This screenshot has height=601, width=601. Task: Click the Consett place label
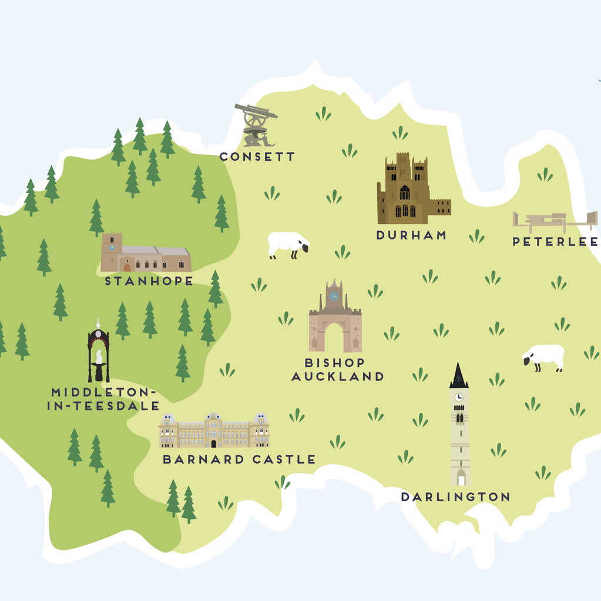tap(257, 157)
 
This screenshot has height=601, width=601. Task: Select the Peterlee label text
tap(555, 241)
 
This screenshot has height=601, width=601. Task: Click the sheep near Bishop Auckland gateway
tap(288, 244)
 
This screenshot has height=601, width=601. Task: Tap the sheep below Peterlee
tap(544, 357)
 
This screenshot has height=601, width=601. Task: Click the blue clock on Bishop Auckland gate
tap(334, 296)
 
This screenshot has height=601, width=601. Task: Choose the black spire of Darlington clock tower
tap(459, 376)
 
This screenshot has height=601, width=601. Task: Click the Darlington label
tap(455, 497)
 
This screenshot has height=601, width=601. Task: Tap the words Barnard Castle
tap(239, 459)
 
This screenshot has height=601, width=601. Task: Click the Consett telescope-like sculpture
tap(256, 124)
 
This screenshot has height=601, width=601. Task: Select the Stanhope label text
tap(149, 281)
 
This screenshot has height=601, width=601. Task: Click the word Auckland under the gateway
tap(337, 376)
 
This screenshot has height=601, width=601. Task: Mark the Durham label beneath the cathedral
tap(411, 235)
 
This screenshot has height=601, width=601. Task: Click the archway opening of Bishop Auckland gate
tap(335, 339)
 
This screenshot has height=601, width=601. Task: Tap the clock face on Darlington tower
tap(459, 397)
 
